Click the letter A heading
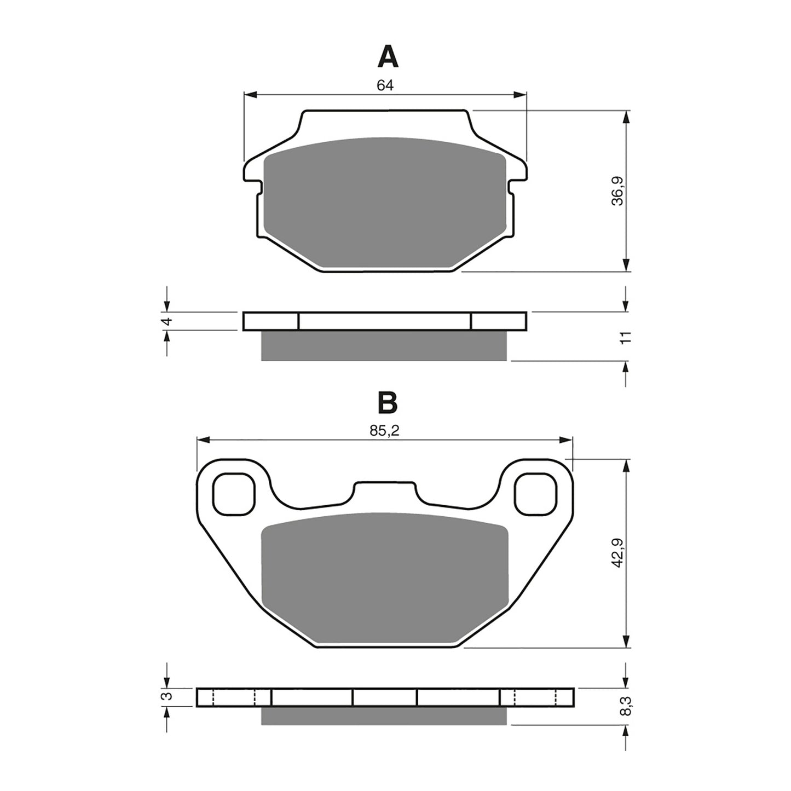coord(388,57)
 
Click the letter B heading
coord(388,403)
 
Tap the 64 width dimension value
coord(385,85)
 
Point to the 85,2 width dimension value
coord(384,431)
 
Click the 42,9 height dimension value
coord(617,553)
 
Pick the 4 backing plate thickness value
coord(169,321)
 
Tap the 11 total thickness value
coord(627,337)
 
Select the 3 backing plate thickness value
coord(169,696)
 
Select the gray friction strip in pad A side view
coord(385,345)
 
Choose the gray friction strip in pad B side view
coord(385,715)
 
